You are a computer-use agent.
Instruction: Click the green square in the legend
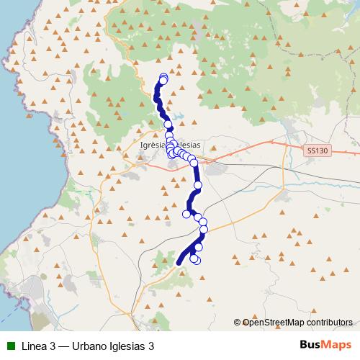[10, 346]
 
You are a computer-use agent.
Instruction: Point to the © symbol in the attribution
[238, 323]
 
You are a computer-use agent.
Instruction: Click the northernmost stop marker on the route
[163, 78]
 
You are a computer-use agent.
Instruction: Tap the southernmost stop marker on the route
[195, 259]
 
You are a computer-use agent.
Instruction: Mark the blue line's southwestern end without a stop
[179, 264]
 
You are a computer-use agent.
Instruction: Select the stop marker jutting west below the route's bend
[187, 213]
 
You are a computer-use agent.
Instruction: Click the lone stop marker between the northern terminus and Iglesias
[168, 125]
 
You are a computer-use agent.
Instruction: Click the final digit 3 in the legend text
[151, 346]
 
